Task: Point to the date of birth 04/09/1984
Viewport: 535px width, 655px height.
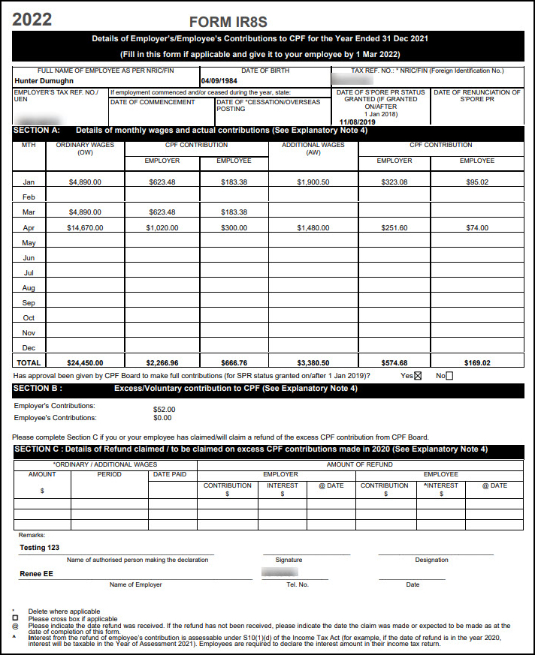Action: pyautogui.click(x=220, y=80)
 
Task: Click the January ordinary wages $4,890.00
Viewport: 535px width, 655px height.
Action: pyautogui.click(x=84, y=182)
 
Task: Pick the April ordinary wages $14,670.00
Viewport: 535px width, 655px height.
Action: pyautogui.click(x=84, y=228)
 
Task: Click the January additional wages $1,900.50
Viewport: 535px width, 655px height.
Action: pyautogui.click(x=313, y=182)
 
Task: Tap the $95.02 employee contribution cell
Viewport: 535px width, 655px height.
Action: pyautogui.click(x=476, y=182)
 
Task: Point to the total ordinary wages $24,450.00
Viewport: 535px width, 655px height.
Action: pyautogui.click(x=84, y=363)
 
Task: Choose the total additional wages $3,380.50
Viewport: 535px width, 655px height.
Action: pyautogui.click(x=313, y=363)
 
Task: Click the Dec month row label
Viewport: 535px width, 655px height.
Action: pyautogui.click(x=29, y=348)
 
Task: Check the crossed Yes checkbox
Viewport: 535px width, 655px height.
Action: pyautogui.click(x=418, y=376)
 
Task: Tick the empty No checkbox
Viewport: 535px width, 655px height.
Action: pyautogui.click(x=449, y=376)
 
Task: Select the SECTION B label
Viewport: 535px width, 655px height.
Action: pyautogui.click(x=38, y=389)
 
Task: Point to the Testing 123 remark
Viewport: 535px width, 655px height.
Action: pyautogui.click(x=39, y=548)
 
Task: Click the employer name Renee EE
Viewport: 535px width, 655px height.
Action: pyautogui.click(x=36, y=574)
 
